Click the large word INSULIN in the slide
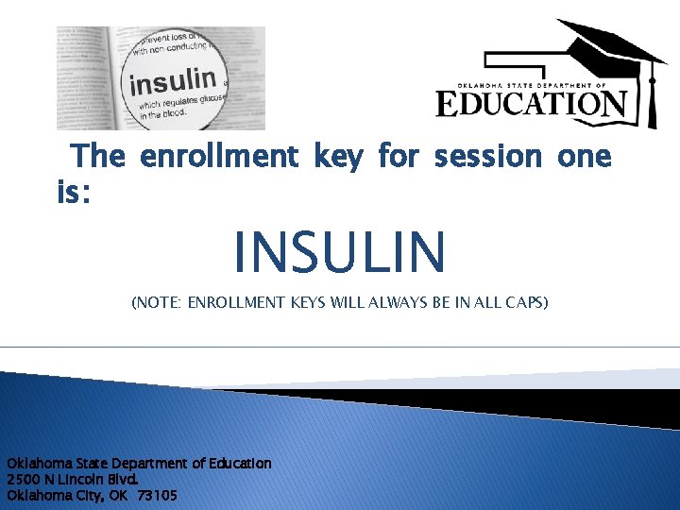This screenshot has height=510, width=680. (x=339, y=250)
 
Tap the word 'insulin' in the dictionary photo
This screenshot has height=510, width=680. (x=173, y=80)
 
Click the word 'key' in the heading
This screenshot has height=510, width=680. (x=336, y=156)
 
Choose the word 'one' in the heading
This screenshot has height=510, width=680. (x=584, y=156)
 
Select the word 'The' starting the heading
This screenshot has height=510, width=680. (x=97, y=156)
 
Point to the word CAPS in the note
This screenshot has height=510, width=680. (x=523, y=303)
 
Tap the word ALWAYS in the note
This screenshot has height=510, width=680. (x=397, y=303)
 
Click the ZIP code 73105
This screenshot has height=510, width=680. (x=157, y=495)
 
